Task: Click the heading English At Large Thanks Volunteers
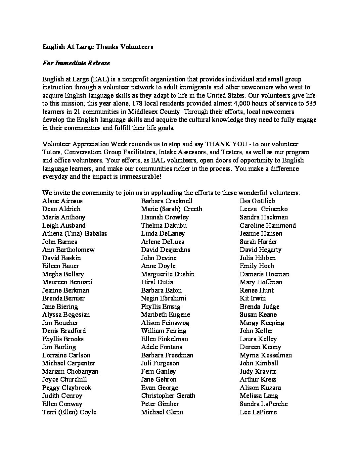coord(98,47)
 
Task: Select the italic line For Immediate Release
coord(76,63)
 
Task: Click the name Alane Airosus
coord(63,201)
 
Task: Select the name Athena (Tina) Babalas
coord(74,233)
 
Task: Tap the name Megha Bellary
coord(63,274)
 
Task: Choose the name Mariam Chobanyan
coord(70,371)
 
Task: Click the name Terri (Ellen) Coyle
coord(69,412)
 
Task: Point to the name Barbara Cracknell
coord(166,201)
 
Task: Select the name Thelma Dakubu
coord(164,225)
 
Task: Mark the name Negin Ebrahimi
coord(163,298)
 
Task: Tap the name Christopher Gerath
coord(168,396)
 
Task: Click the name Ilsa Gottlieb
coord(257,201)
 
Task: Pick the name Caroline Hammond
coord(268,225)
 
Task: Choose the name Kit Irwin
coord(252,298)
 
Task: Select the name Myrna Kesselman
coord(266,355)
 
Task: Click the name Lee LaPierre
coord(258,412)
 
